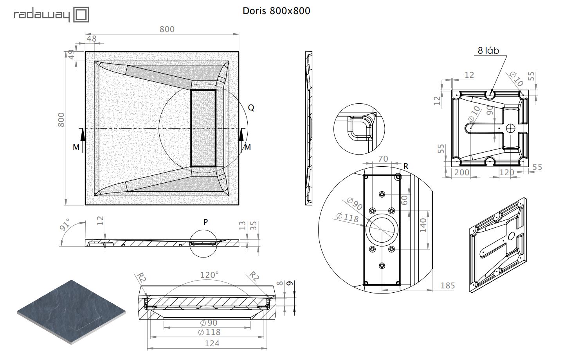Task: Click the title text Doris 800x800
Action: tap(276, 11)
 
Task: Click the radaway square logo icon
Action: tap(81, 14)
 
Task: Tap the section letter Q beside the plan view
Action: tap(251, 108)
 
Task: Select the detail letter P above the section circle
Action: tap(205, 222)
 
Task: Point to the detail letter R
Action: tap(406, 166)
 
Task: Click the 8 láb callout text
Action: tap(488, 50)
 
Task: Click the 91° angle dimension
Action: tap(65, 225)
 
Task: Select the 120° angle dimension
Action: tap(209, 275)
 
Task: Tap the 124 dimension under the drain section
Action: tap(212, 343)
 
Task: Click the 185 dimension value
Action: tap(448, 286)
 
